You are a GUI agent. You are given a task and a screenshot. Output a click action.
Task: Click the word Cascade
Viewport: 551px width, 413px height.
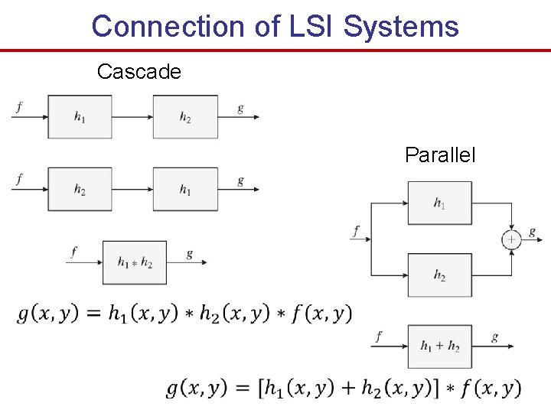tap(139, 72)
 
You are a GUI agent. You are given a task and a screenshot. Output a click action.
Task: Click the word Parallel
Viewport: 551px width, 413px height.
tap(440, 155)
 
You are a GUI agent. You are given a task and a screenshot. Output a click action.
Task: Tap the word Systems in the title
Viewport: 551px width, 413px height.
tap(401, 26)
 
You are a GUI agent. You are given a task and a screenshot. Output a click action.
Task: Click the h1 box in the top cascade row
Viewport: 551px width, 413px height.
tap(80, 117)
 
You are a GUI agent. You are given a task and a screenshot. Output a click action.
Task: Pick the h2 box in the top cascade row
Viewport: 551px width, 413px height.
tap(185, 117)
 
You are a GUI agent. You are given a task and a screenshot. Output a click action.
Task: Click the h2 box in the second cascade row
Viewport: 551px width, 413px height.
tap(80, 190)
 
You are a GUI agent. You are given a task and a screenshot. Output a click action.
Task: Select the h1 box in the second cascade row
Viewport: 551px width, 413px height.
tap(185, 190)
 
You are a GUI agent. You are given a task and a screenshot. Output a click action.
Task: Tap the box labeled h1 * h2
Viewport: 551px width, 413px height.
tap(135, 262)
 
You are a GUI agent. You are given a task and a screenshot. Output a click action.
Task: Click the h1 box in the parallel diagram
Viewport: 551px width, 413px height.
tap(439, 203)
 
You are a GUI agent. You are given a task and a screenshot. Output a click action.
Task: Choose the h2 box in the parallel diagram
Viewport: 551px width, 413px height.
tap(439, 275)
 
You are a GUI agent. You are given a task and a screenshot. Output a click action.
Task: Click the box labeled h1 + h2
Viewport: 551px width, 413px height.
tap(439, 346)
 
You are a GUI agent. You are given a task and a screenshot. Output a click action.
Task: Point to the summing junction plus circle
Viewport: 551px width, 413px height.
tap(511, 239)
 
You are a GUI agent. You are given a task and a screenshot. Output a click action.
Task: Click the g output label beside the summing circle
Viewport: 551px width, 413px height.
tap(532, 232)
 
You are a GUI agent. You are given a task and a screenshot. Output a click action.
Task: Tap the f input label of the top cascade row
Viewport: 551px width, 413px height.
tap(18, 108)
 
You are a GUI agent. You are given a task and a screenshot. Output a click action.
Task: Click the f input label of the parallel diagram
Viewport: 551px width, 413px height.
tap(357, 230)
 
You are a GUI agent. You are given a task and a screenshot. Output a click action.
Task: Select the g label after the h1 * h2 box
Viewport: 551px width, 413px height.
tap(189, 254)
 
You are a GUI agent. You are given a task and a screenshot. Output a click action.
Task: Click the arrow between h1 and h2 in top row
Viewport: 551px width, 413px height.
tap(132, 117)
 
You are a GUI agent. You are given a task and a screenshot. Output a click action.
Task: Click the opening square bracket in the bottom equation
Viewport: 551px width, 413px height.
tap(261, 388)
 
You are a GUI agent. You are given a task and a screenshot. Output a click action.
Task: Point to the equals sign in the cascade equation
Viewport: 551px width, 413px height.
tap(92, 314)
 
